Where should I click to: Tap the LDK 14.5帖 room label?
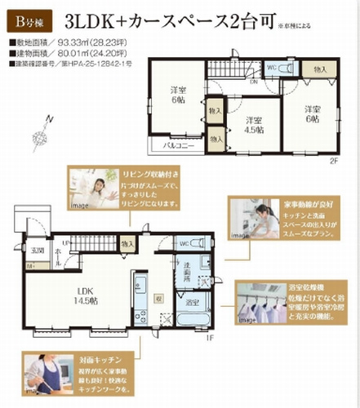pyautogui.click(x=85, y=295)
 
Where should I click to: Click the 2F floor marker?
pyautogui.click(x=334, y=160)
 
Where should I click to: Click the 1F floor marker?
pyautogui.click(x=208, y=337)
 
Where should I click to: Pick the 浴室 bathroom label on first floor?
pyautogui.click(x=192, y=304)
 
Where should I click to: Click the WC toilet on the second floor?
pyautogui.click(x=272, y=69)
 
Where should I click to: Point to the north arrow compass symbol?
pyautogui.click(x=41, y=131)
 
